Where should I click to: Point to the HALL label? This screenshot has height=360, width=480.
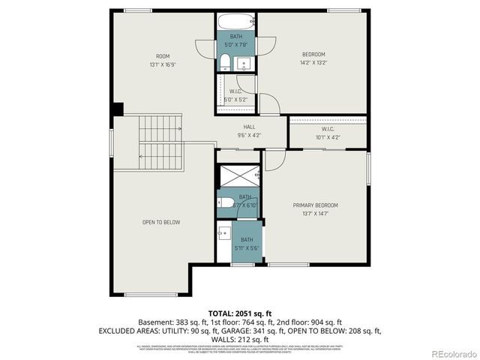point(249,131)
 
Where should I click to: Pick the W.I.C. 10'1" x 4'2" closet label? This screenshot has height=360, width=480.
point(328,133)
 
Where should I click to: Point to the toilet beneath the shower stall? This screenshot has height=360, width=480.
point(226,201)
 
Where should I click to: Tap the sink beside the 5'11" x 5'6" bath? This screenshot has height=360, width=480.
point(224,233)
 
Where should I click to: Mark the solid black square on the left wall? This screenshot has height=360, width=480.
point(117,109)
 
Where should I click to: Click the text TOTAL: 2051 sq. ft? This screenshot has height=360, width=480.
point(239,312)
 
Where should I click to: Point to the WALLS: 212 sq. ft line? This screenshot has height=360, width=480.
point(240,339)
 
